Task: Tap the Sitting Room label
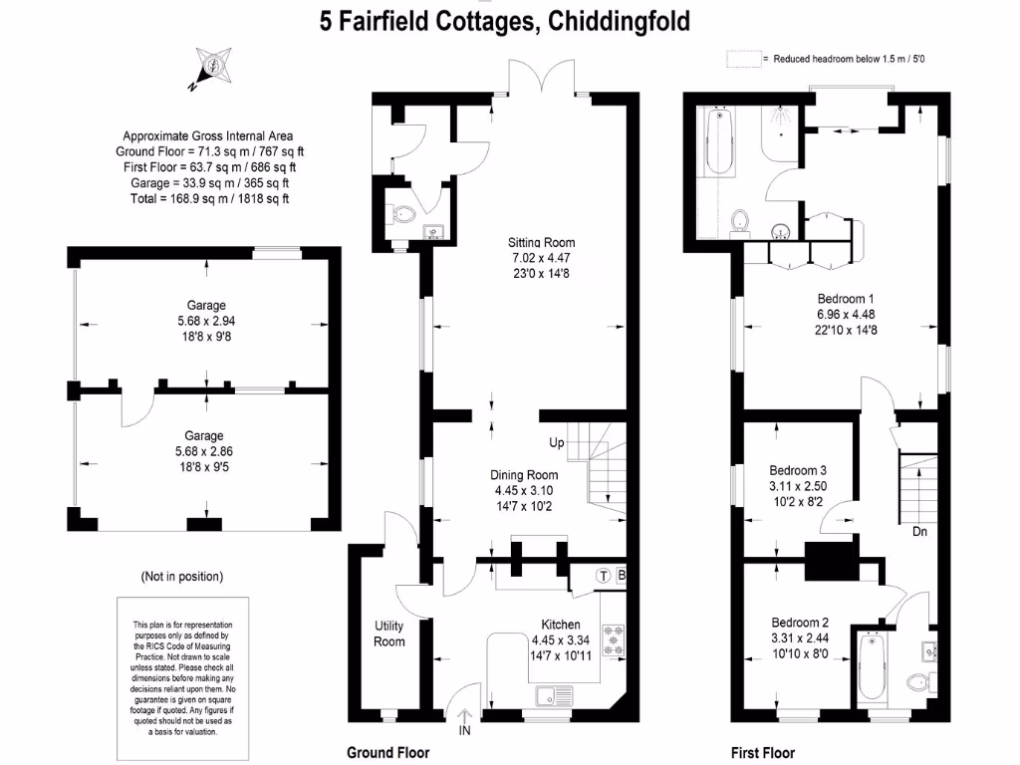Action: click(541, 242)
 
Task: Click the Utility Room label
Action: click(389, 634)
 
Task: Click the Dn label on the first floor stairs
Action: click(919, 531)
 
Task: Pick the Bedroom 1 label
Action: click(845, 298)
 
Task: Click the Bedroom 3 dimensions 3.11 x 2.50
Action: click(798, 486)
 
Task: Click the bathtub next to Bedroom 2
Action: click(871, 666)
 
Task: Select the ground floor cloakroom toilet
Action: click(403, 213)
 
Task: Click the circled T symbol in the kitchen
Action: click(604, 576)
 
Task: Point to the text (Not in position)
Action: click(182, 576)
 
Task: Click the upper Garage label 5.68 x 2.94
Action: click(204, 321)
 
